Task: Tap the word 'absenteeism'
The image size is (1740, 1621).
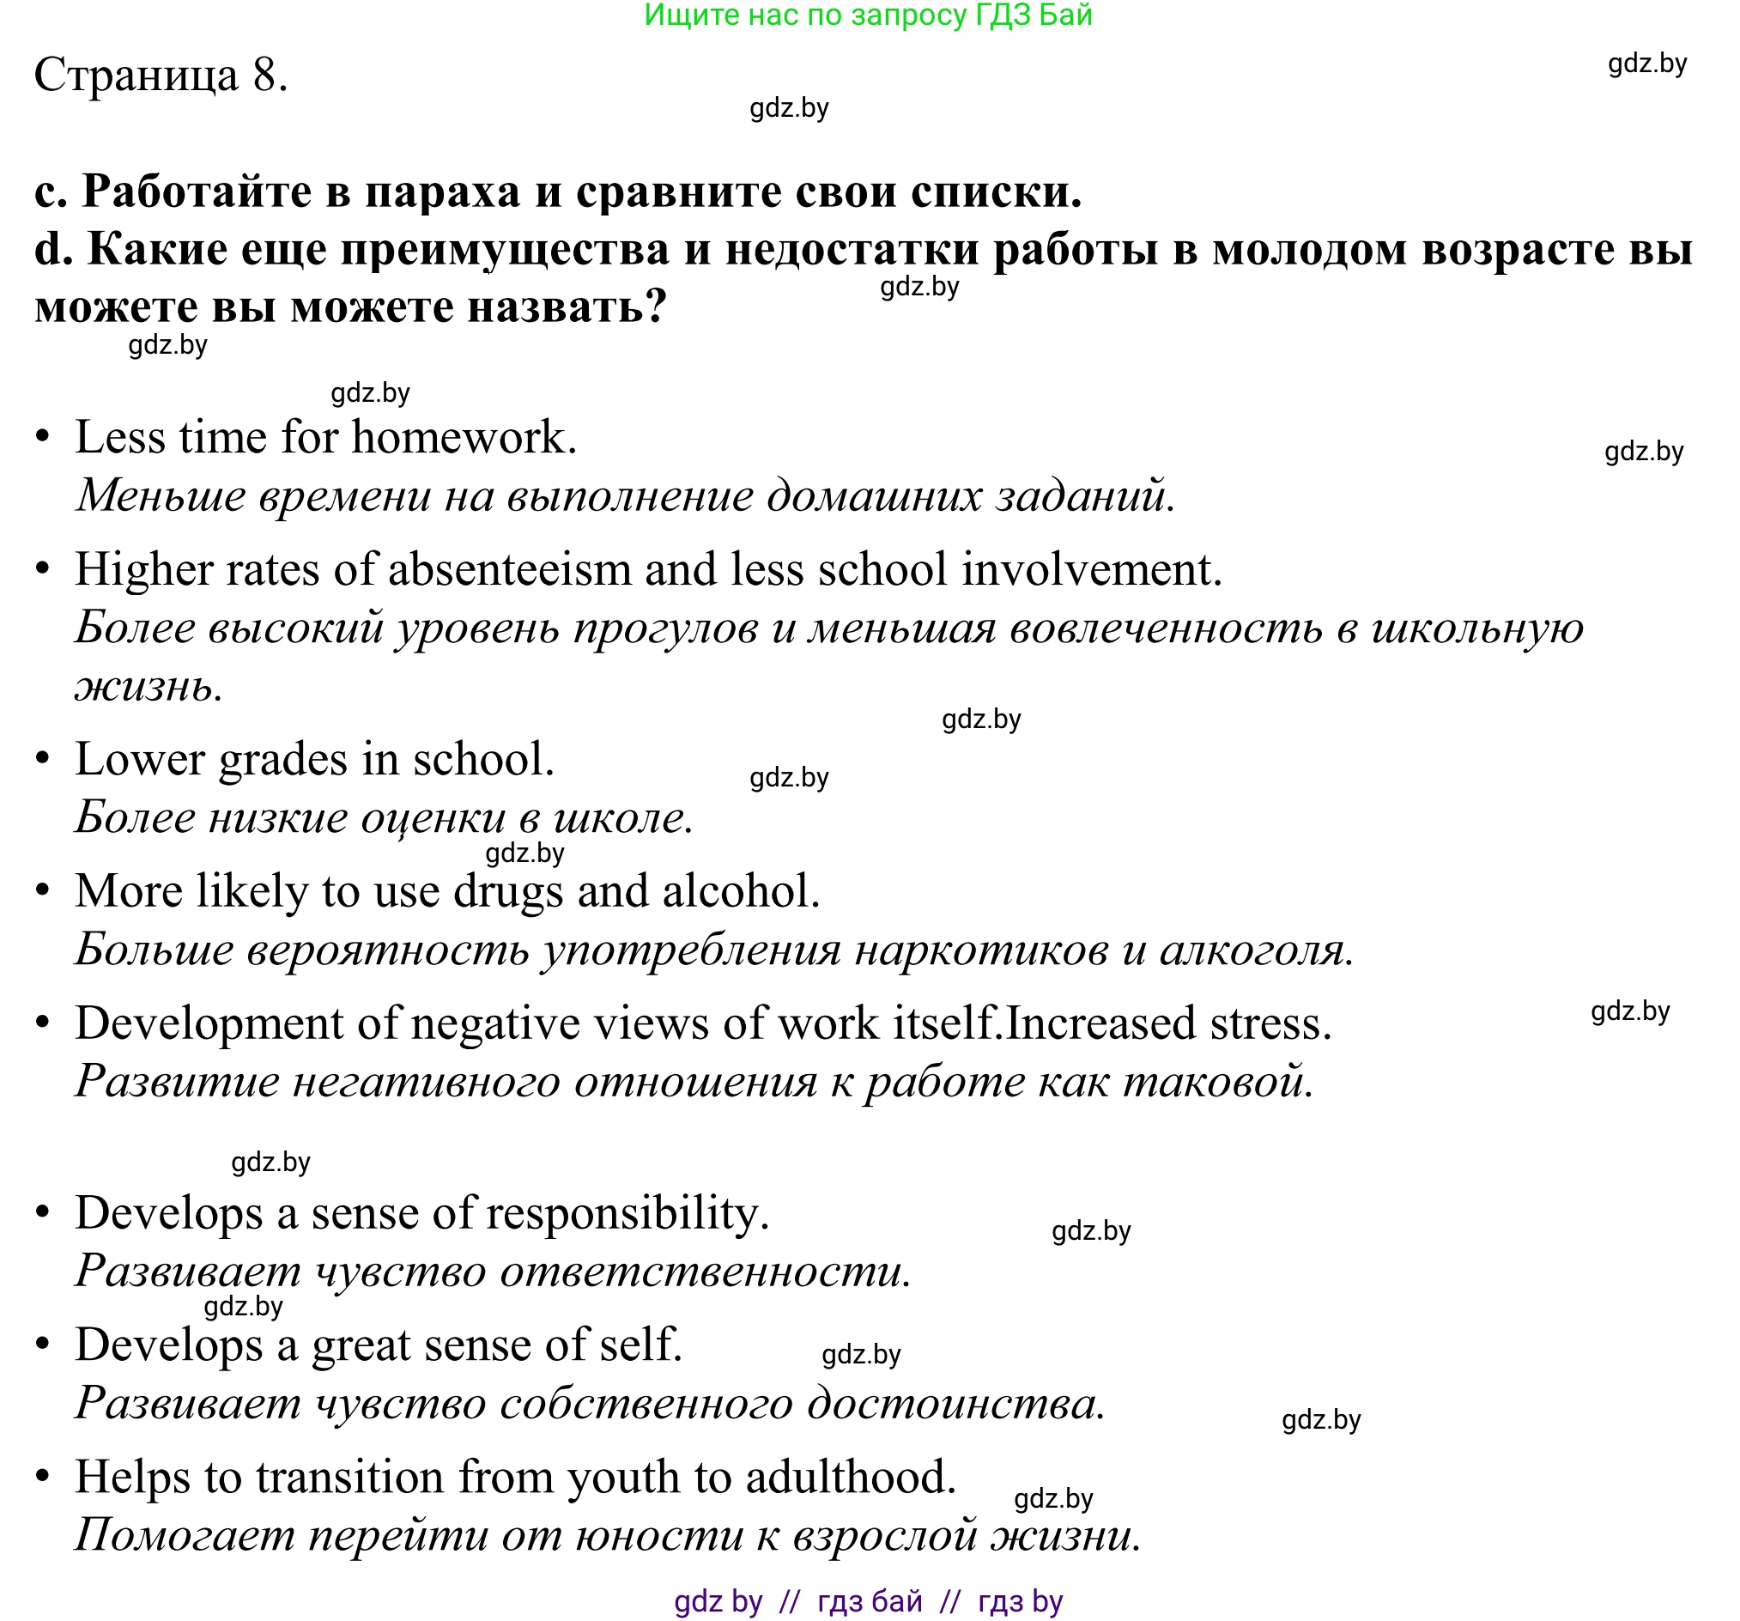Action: pyautogui.click(x=508, y=570)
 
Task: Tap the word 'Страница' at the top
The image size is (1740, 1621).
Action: pyautogui.click(x=136, y=76)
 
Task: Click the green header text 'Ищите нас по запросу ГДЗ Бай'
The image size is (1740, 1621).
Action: pyautogui.click(x=868, y=15)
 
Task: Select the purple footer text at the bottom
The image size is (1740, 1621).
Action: pyautogui.click(x=868, y=1601)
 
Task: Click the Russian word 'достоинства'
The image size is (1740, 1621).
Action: pyautogui.click(x=954, y=1404)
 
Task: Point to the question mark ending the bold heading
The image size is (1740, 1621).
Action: pyautogui.click(x=656, y=307)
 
